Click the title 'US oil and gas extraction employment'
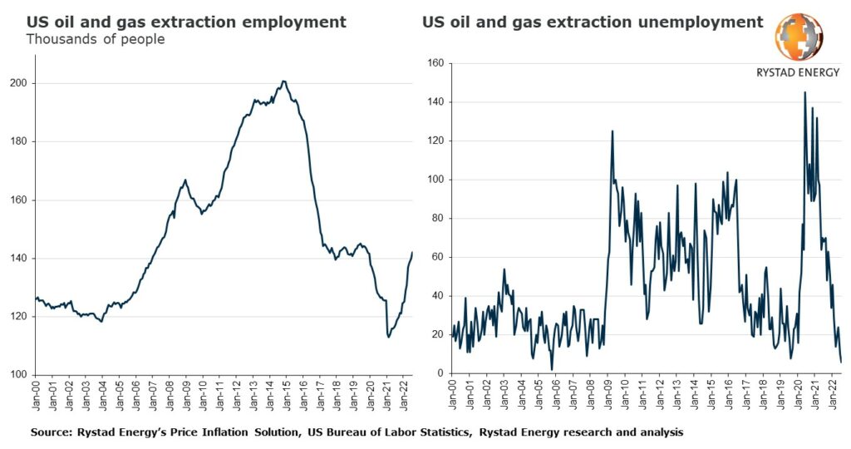coord(186,22)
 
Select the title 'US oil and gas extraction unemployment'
coord(592,22)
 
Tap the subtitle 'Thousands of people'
coord(96,39)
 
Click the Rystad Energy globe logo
coord(799,37)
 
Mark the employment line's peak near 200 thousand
coord(283,81)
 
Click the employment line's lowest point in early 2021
coord(388,337)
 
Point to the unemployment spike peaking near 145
coord(804,93)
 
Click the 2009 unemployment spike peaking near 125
coord(612,131)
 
